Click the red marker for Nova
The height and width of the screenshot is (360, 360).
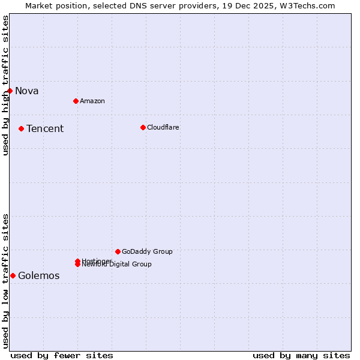pyautogui.click(x=10, y=91)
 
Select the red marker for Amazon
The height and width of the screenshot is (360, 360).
pyautogui.click(x=76, y=101)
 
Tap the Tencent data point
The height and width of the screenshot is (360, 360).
pyautogui.click(x=21, y=128)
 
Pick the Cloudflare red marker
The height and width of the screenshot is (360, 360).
pyautogui.click(x=143, y=127)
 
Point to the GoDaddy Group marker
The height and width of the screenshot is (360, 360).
pyautogui.click(x=118, y=251)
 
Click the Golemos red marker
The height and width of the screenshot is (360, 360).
pyautogui.click(x=13, y=275)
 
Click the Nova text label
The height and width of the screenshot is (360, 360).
pyautogui.click(x=27, y=91)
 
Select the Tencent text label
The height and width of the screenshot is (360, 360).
pyautogui.click(x=45, y=129)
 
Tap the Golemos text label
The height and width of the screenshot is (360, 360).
pyautogui.click(x=39, y=276)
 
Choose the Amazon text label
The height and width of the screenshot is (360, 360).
pyautogui.click(x=92, y=101)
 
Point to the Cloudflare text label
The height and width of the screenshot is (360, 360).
pyautogui.click(x=163, y=128)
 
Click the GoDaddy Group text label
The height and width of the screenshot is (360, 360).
pyautogui.click(x=147, y=252)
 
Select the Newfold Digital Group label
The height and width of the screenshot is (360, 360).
pyautogui.click(x=118, y=265)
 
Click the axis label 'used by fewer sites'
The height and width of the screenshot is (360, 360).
pyautogui.click(x=62, y=355)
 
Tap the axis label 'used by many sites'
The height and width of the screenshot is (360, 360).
pyautogui.click(x=301, y=355)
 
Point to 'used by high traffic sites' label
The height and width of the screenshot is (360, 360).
pyautogui.click(x=5, y=85)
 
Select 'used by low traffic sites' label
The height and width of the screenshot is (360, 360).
pyautogui.click(x=5, y=280)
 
